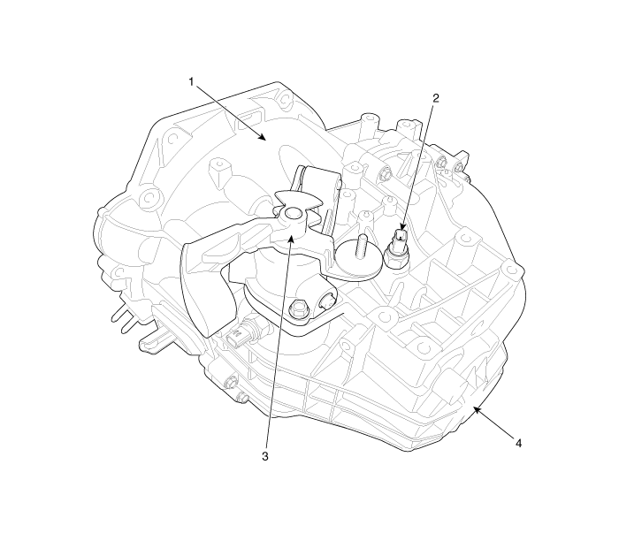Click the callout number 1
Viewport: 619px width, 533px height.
(191, 81)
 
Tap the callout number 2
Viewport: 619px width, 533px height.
(435, 98)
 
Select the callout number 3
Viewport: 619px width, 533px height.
(265, 456)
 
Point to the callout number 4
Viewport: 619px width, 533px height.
(518, 444)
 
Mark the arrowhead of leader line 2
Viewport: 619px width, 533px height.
(402, 226)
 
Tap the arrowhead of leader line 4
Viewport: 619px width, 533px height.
(477, 410)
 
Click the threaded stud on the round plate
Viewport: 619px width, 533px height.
(360, 247)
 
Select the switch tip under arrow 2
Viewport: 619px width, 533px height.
(401, 235)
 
